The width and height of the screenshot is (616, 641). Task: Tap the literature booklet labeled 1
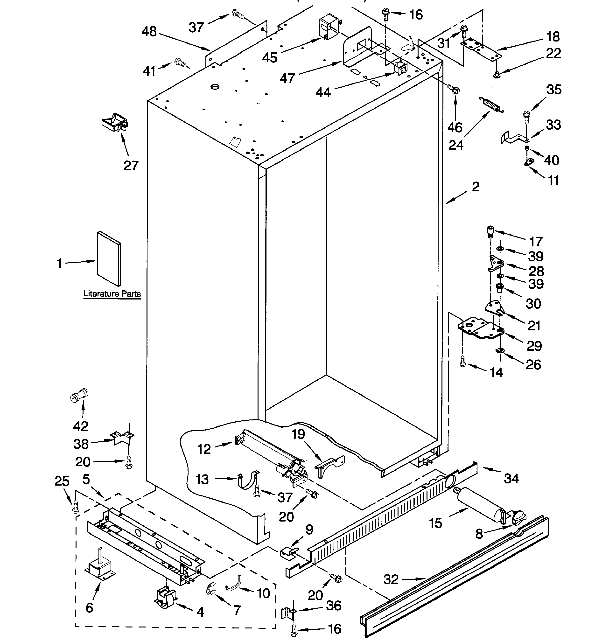(x=109, y=258)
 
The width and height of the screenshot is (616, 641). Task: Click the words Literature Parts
(x=112, y=293)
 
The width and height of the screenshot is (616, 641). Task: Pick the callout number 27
(x=131, y=166)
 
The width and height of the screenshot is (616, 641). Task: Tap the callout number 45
(x=270, y=57)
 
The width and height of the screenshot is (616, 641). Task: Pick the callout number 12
(x=204, y=449)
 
